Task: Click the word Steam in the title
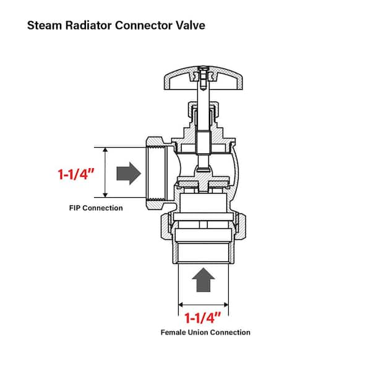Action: pyautogui.click(x=45, y=25)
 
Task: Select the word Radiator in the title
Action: pyautogui.click(x=88, y=25)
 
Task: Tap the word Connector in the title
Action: pyautogui.click(x=144, y=25)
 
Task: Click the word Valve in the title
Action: pyautogui.click(x=190, y=25)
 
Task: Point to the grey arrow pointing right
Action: pyautogui.click(x=129, y=173)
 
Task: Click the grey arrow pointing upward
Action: pyautogui.click(x=203, y=280)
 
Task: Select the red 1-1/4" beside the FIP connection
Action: pyautogui.click(x=76, y=174)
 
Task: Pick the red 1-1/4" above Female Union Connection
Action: pyautogui.click(x=203, y=318)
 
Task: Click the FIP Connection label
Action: pyautogui.click(x=96, y=208)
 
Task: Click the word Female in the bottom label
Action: pyautogui.click(x=173, y=333)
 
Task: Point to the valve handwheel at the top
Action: pyautogui.click(x=203, y=78)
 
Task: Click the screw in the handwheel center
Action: pyautogui.click(x=203, y=78)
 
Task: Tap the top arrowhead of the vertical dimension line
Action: pyautogui.click(x=106, y=150)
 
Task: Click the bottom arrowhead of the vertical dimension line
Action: pyautogui.click(x=106, y=195)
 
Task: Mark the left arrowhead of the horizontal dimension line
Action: pyautogui.click(x=181, y=304)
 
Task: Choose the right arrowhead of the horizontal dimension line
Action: pyautogui.click(x=226, y=304)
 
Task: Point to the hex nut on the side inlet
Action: pyautogui.click(x=155, y=173)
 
